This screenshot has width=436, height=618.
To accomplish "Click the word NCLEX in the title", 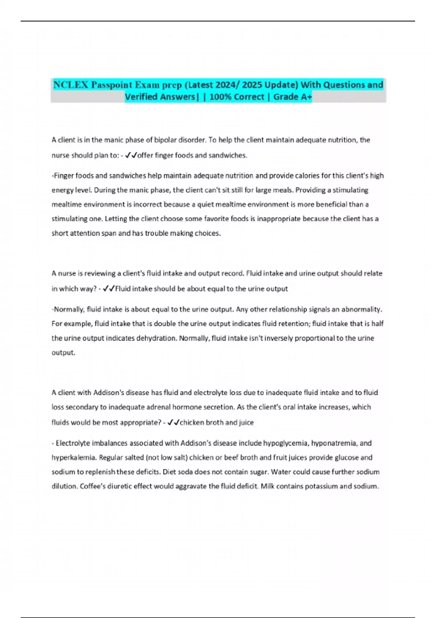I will pyautogui.click(x=70, y=85).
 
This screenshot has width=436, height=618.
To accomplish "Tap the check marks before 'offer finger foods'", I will pyautogui.click(x=130, y=156).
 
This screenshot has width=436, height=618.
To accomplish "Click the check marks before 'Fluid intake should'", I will pyautogui.click(x=109, y=289).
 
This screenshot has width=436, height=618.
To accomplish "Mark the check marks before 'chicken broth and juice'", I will pyautogui.click(x=173, y=423).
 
